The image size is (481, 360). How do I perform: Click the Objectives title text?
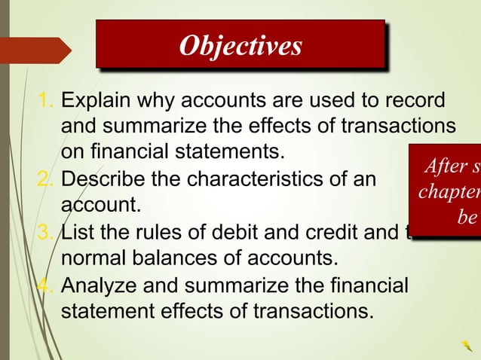(x=240, y=46)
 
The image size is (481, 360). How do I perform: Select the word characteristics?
(x=267, y=180)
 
